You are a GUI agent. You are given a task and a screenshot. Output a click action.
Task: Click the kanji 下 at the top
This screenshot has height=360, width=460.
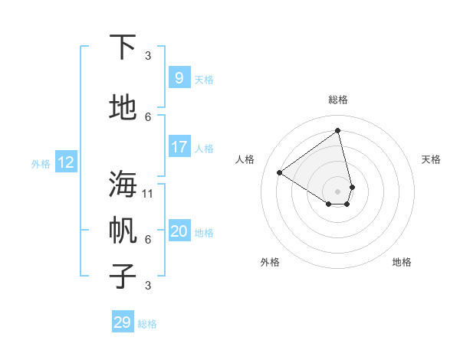(123, 47)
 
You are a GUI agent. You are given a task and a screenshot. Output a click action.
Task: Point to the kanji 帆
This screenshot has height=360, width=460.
(123, 230)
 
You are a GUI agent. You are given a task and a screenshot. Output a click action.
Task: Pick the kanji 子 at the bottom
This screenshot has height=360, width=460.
(123, 276)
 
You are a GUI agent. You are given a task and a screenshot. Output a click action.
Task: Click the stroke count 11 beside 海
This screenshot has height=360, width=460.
(148, 193)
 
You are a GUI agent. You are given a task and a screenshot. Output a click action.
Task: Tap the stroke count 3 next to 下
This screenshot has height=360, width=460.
(148, 55)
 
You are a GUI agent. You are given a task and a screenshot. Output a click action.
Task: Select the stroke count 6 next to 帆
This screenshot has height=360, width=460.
(148, 239)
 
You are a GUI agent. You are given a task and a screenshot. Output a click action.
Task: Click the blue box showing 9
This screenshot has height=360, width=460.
(179, 78)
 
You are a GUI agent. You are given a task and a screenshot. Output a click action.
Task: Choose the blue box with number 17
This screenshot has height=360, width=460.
(179, 147)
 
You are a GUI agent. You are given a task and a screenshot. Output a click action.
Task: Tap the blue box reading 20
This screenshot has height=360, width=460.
(179, 231)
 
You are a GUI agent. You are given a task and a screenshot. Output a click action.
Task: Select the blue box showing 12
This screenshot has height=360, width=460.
(65, 162)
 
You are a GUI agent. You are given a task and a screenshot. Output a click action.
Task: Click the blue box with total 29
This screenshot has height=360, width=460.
(123, 322)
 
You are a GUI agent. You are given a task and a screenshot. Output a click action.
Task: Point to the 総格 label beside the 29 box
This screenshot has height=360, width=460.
(147, 324)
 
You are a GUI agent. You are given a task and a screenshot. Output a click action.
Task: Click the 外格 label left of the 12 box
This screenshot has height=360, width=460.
(41, 163)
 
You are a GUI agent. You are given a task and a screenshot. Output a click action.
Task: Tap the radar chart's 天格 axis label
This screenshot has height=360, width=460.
(431, 159)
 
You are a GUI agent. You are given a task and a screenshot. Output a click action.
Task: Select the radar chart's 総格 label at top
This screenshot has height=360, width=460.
(337, 100)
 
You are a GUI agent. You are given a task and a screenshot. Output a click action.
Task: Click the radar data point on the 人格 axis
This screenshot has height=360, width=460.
(279, 172)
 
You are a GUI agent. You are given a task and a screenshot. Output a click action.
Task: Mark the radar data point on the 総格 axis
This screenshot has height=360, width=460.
(337, 130)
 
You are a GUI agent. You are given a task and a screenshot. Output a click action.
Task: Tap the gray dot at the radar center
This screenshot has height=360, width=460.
(337, 191)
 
